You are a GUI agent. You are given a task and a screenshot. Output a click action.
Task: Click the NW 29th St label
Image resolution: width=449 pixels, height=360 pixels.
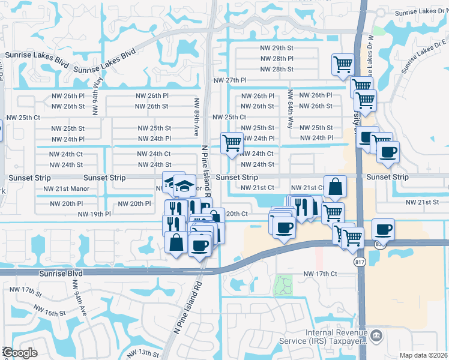coord(277,48)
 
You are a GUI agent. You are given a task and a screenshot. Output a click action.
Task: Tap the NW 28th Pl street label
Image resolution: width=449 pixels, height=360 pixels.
coord(277,59)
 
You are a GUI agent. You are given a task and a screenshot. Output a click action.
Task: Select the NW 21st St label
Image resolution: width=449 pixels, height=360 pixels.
coord(425,202)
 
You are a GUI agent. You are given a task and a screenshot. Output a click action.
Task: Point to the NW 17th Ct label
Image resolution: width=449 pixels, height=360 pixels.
coord(321,274)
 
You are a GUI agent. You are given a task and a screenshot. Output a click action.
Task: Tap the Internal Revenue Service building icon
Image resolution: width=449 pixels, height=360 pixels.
coord(376,335)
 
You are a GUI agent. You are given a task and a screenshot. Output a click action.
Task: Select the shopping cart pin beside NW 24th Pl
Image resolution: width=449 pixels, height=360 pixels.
coord(232,143)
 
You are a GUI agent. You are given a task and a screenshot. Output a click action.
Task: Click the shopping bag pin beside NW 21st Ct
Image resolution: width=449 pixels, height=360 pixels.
coord(335,187)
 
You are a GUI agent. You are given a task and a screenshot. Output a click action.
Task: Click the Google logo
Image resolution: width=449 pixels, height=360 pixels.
coord(19,353)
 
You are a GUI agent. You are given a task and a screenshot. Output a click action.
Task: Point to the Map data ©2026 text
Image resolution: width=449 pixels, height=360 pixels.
coord(423,355)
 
